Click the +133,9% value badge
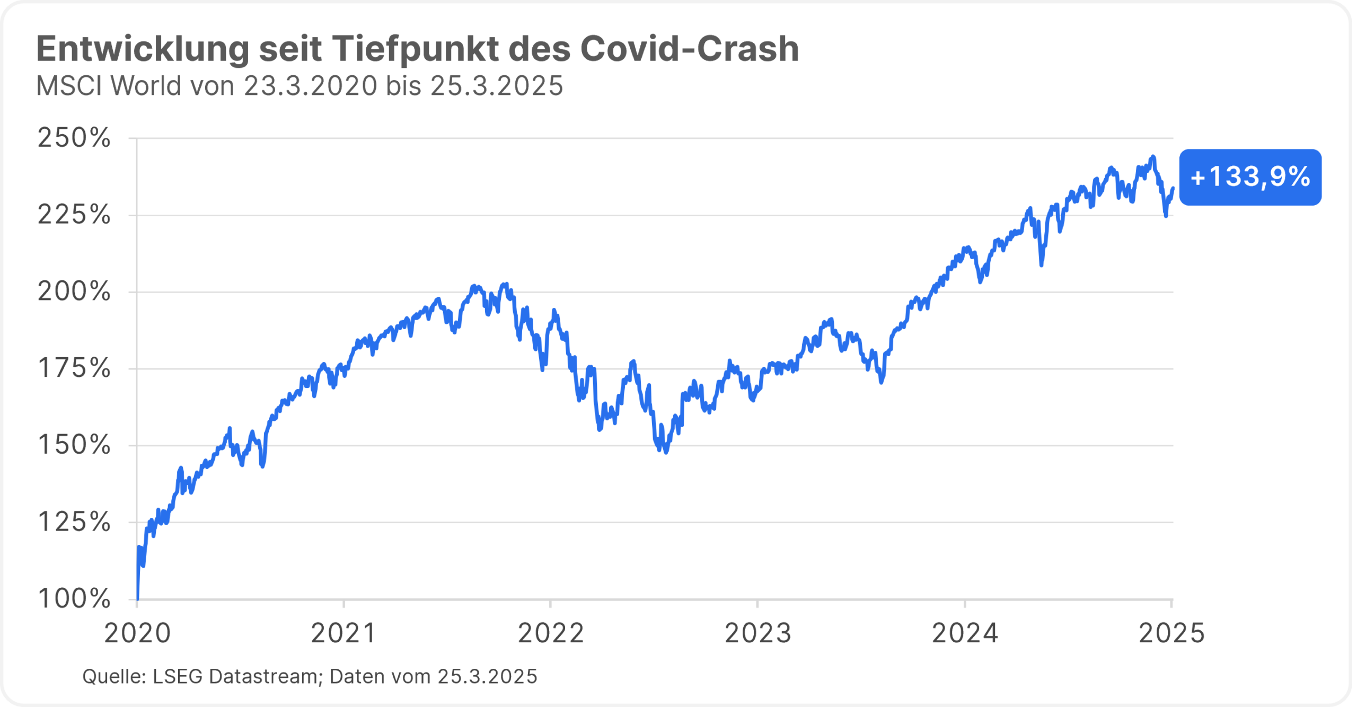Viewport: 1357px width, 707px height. (x=1250, y=177)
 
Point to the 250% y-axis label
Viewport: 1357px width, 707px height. (x=74, y=138)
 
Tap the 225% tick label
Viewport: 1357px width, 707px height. (x=74, y=215)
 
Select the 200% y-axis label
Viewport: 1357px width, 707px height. (x=74, y=291)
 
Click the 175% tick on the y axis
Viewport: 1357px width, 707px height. (x=74, y=368)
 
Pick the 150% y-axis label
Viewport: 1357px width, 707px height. (x=74, y=445)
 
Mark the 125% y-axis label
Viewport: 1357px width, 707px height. (x=74, y=522)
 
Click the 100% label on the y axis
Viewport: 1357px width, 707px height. (x=74, y=599)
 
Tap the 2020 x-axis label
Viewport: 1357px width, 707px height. (x=137, y=633)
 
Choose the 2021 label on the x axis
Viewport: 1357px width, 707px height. (x=343, y=633)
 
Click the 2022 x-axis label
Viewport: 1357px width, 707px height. (x=551, y=633)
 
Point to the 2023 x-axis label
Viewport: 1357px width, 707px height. (x=757, y=633)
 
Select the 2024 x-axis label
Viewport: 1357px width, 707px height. (x=965, y=633)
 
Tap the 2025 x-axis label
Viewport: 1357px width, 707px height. (x=1171, y=633)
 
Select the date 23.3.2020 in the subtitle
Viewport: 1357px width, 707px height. (x=311, y=86)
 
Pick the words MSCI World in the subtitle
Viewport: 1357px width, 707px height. (x=109, y=86)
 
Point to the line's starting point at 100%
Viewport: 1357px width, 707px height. (x=137, y=599)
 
